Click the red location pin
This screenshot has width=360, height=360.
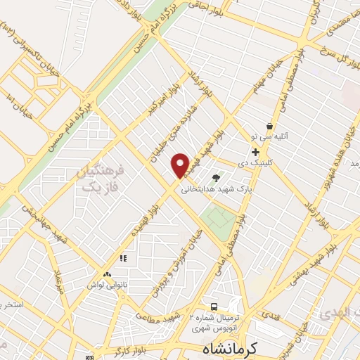[x=180, y=165]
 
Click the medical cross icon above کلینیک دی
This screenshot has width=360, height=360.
[x=255, y=151]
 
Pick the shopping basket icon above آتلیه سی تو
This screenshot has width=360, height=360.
[x=269, y=127]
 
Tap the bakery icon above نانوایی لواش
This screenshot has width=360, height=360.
[x=107, y=274]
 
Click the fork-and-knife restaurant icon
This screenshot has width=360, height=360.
[x=124, y=258]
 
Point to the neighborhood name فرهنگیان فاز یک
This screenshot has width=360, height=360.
[x=99, y=180]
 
